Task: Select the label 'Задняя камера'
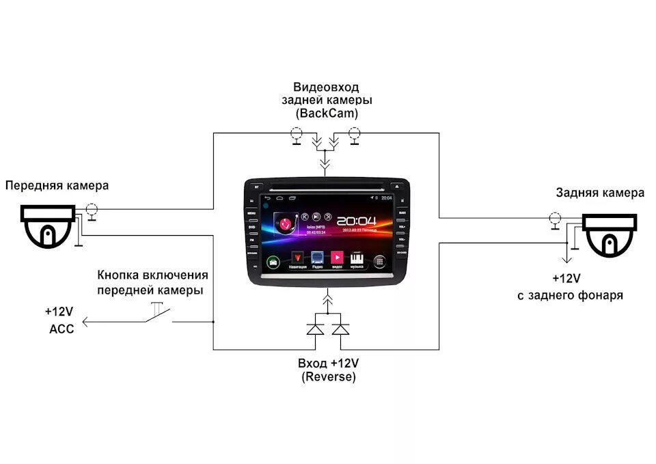coord(599,193)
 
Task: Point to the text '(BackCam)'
coord(326,113)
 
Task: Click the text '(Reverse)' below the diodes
coord(328,377)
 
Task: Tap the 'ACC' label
coord(61,327)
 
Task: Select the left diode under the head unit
coord(315,329)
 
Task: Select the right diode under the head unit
coord(340,329)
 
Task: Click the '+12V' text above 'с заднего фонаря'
coord(566,279)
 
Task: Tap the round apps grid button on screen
coord(379,260)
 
